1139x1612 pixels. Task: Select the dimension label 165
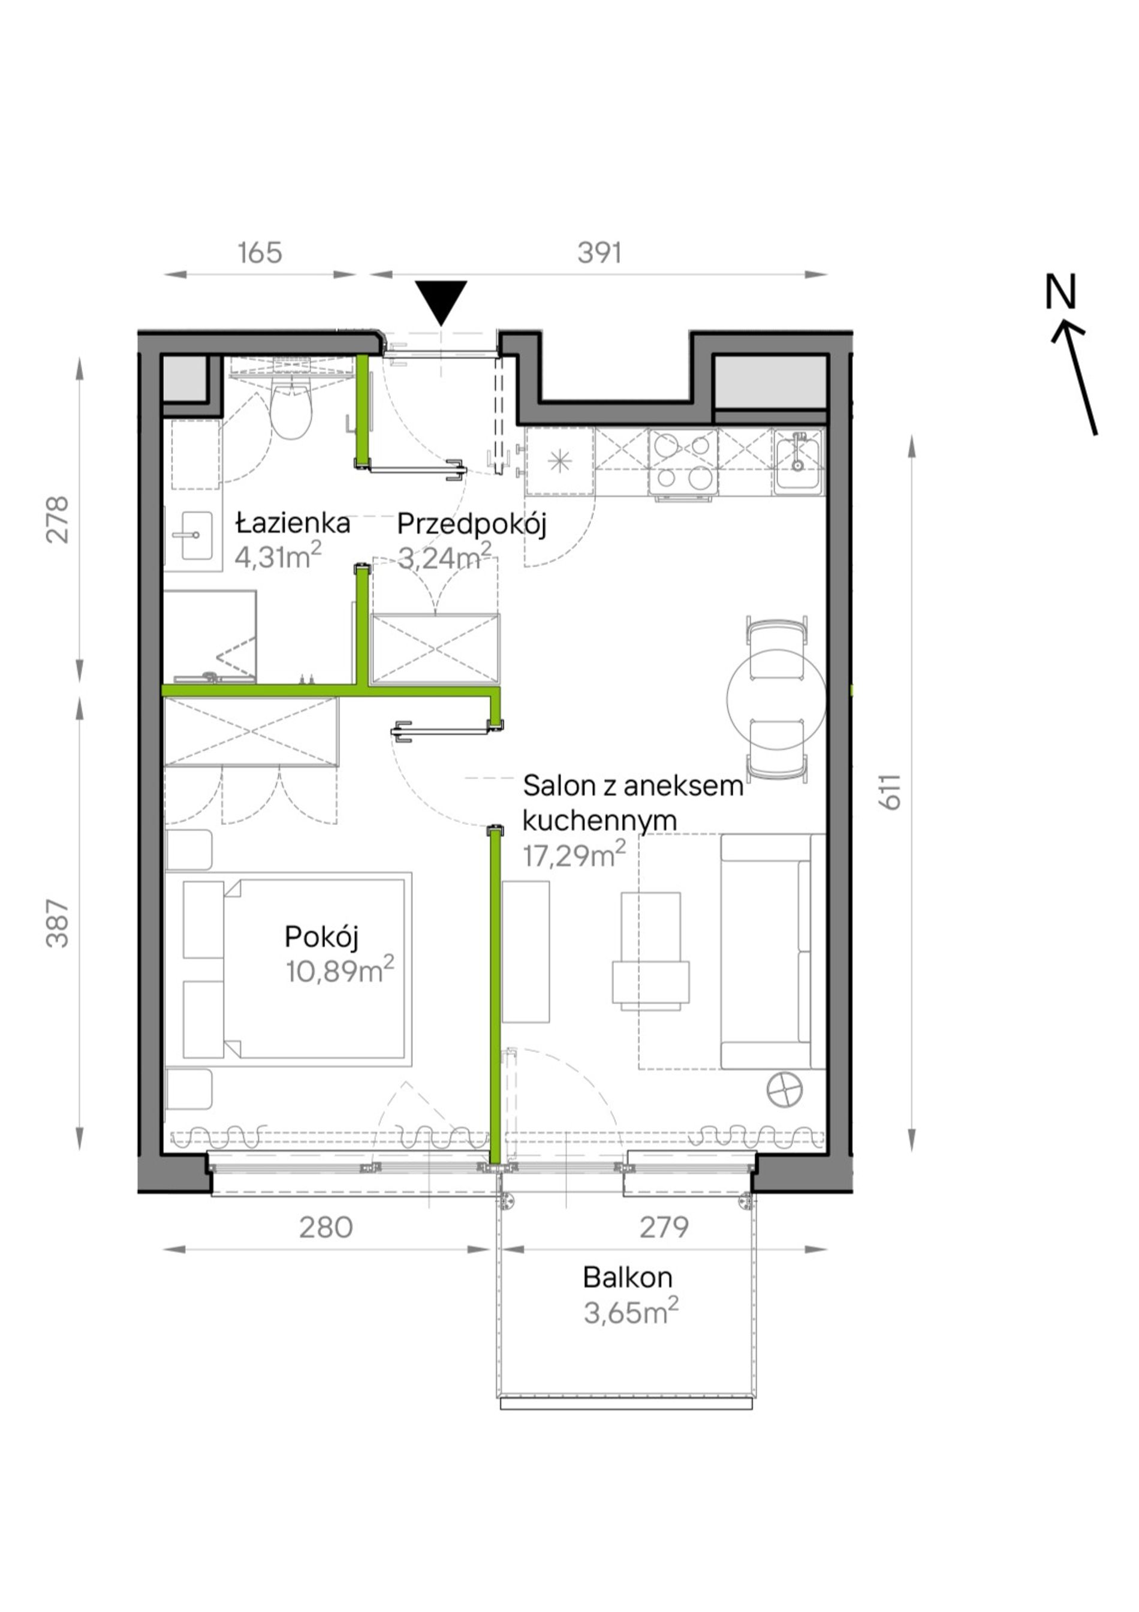260,253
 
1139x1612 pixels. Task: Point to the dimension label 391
599,253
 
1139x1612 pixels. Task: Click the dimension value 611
890,792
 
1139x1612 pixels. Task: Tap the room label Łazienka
293,523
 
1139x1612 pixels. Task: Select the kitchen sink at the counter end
798,460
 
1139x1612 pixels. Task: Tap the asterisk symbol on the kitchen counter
560,461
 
